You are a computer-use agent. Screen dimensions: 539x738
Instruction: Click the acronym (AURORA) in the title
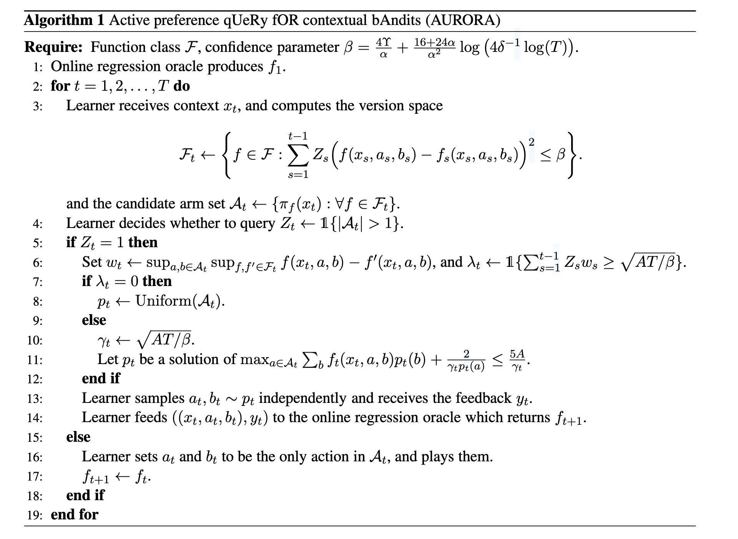coord(463,20)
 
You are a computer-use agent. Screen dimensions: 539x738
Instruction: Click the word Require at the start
coord(53,47)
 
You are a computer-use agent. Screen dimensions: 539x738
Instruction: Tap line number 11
coord(35,360)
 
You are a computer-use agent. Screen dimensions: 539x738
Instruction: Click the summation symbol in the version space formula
coord(298,155)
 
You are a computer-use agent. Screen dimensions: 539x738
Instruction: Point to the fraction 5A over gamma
coord(517,360)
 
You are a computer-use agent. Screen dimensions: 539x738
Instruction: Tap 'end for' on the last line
coord(75,514)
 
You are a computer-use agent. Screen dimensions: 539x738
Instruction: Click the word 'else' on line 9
coord(94,320)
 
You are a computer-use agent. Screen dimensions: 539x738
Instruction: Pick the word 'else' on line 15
coord(78,437)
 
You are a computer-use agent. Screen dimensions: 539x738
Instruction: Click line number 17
coord(35,477)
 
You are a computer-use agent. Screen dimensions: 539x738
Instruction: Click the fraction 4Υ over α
coord(383,48)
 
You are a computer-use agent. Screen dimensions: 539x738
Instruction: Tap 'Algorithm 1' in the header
coord(64,20)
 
